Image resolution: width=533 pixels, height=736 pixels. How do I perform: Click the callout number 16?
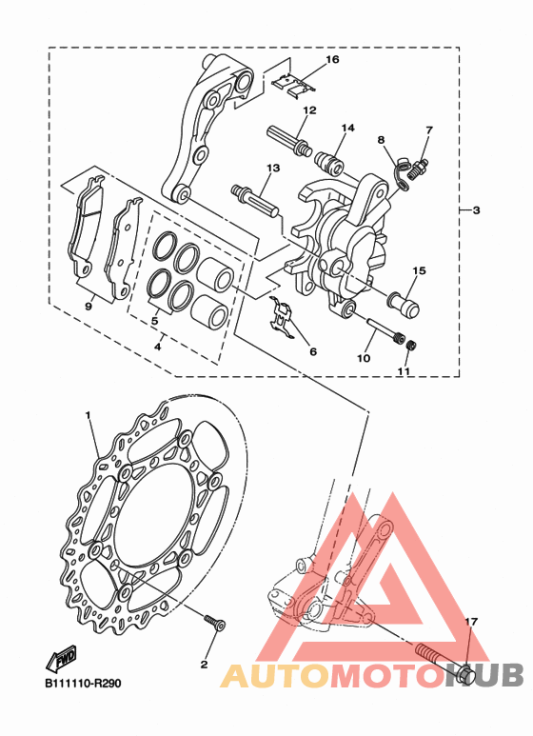click(x=332, y=60)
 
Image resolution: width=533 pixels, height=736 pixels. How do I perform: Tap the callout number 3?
click(x=476, y=210)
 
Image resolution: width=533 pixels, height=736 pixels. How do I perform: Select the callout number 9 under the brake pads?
click(x=89, y=306)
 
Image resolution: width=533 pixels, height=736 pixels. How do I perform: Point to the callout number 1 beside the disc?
click(x=88, y=415)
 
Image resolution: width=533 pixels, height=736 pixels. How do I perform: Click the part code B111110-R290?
click(x=83, y=683)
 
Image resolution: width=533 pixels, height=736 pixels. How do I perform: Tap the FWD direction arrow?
click(x=61, y=660)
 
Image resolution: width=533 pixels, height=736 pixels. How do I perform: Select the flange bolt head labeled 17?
click(x=464, y=674)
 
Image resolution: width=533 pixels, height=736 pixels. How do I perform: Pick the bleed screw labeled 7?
click(x=419, y=169)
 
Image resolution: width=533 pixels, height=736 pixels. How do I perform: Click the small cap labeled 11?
click(x=411, y=346)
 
